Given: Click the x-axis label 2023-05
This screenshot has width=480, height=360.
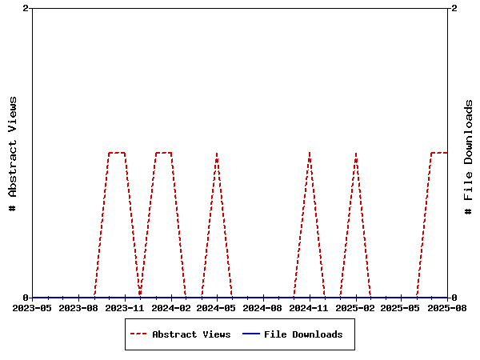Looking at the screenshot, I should coord(33,307).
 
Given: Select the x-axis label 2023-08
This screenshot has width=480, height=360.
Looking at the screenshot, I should coord(78,307).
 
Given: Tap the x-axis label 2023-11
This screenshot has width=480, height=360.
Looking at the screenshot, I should coord(125,307).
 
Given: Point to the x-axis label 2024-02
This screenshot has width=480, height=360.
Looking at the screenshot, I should coord(171,307).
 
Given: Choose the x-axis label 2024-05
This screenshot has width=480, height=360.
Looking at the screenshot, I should coord(217,307).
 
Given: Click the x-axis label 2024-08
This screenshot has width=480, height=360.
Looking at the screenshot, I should coord(263,307).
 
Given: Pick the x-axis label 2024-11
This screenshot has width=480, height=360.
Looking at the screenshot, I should coord(310,307).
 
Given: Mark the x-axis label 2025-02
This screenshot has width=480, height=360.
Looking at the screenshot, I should coord(355,307).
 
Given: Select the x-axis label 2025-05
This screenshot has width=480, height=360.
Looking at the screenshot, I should coord(402,307).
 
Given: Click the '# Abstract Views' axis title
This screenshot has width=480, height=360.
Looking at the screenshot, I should coord(13,153).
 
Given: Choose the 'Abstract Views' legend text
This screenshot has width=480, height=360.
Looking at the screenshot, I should coord(191,334).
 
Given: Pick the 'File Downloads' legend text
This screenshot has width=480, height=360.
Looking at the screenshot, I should coord(303,334).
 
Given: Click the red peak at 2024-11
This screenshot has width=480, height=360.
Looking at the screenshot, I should coord(310,152).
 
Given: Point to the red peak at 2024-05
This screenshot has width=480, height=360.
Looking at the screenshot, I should coord(217,152).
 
